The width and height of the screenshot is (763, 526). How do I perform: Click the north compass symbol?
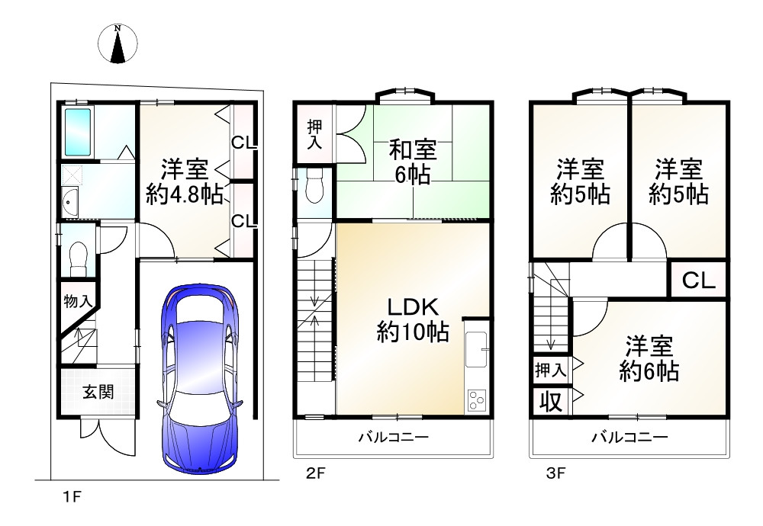[x=118, y=43]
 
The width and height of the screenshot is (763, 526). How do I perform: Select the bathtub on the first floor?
[x=78, y=132]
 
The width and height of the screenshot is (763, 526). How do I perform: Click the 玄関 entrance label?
[x=98, y=391]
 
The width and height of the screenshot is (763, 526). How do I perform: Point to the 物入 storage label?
[x=77, y=301]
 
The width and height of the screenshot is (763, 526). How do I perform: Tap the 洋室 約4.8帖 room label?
[x=185, y=182]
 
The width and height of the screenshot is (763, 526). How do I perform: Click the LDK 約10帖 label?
[x=413, y=319]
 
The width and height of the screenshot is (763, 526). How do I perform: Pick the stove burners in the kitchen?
[x=476, y=401]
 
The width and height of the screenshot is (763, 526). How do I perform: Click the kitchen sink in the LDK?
[x=477, y=350]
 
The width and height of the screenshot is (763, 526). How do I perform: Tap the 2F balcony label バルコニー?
[x=394, y=437]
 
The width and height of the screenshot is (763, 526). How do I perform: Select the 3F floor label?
[x=556, y=473]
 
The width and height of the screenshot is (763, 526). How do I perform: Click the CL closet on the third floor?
[x=698, y=280]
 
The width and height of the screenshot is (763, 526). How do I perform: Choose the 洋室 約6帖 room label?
[x=649, y=359]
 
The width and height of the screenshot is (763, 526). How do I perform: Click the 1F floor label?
[x=72, y=497]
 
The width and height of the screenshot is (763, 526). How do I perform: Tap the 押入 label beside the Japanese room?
[x=314, y=134]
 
